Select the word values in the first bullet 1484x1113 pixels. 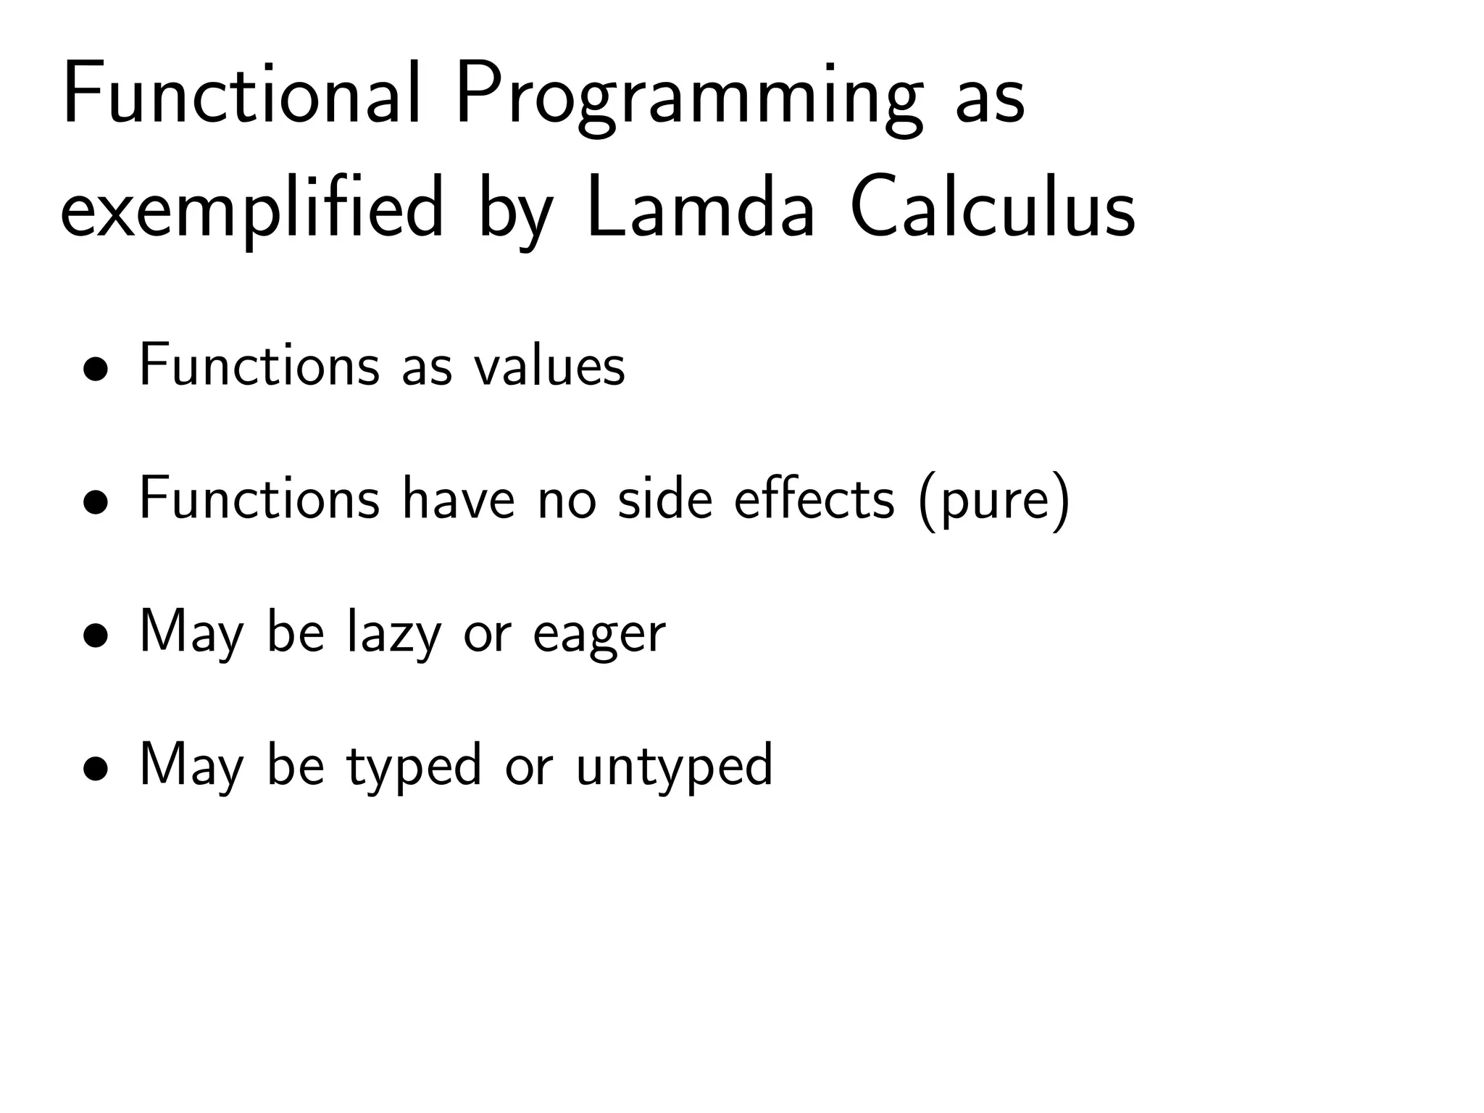pos(549,365)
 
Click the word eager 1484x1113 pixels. pos(599,636)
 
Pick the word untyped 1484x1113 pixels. pos(675,768)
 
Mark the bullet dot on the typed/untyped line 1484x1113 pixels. pos(96,770)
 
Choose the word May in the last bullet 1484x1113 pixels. pos(191,767)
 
